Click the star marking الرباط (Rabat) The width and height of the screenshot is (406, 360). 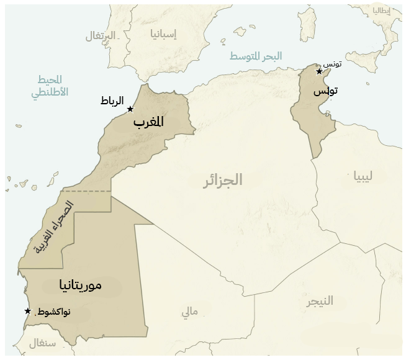point(130,109)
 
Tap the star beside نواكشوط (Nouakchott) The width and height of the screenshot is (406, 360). point(27,311)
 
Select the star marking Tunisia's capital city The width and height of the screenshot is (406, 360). point(319,71)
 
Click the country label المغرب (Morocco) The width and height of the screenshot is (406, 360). point(149,122)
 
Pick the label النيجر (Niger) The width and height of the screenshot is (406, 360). point(319,301)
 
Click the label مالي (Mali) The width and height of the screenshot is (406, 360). point(189,312)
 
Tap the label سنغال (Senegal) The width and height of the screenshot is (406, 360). point(42,342)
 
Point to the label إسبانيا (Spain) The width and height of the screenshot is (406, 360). point(163,34)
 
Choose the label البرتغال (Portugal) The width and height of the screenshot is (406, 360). point(101,35)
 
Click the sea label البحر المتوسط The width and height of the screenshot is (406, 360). point(256,56)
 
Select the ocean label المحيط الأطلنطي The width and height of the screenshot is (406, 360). point(48,88)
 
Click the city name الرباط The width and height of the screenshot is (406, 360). point(112,101)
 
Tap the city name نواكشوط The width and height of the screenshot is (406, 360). point(54,312)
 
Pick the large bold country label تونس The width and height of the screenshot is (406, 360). point(325,92)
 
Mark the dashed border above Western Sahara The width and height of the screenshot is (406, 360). point(87,191)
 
